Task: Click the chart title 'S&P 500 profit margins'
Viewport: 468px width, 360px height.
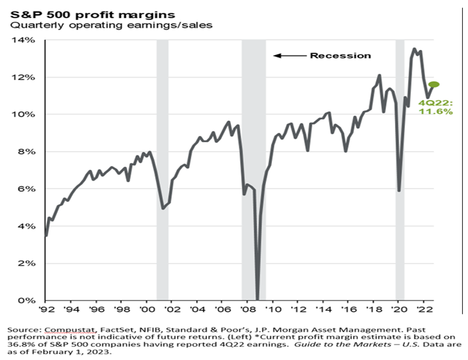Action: (x=87, y=11)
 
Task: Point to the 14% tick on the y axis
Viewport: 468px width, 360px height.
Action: (x=28, y=40)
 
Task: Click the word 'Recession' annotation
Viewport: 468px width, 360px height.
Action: (x=340, y=56)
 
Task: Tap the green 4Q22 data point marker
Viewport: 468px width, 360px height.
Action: (x=435, y=85)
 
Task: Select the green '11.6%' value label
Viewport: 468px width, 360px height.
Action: (x=436, y=111)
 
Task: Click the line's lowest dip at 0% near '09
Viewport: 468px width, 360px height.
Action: (x=257, y=299)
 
